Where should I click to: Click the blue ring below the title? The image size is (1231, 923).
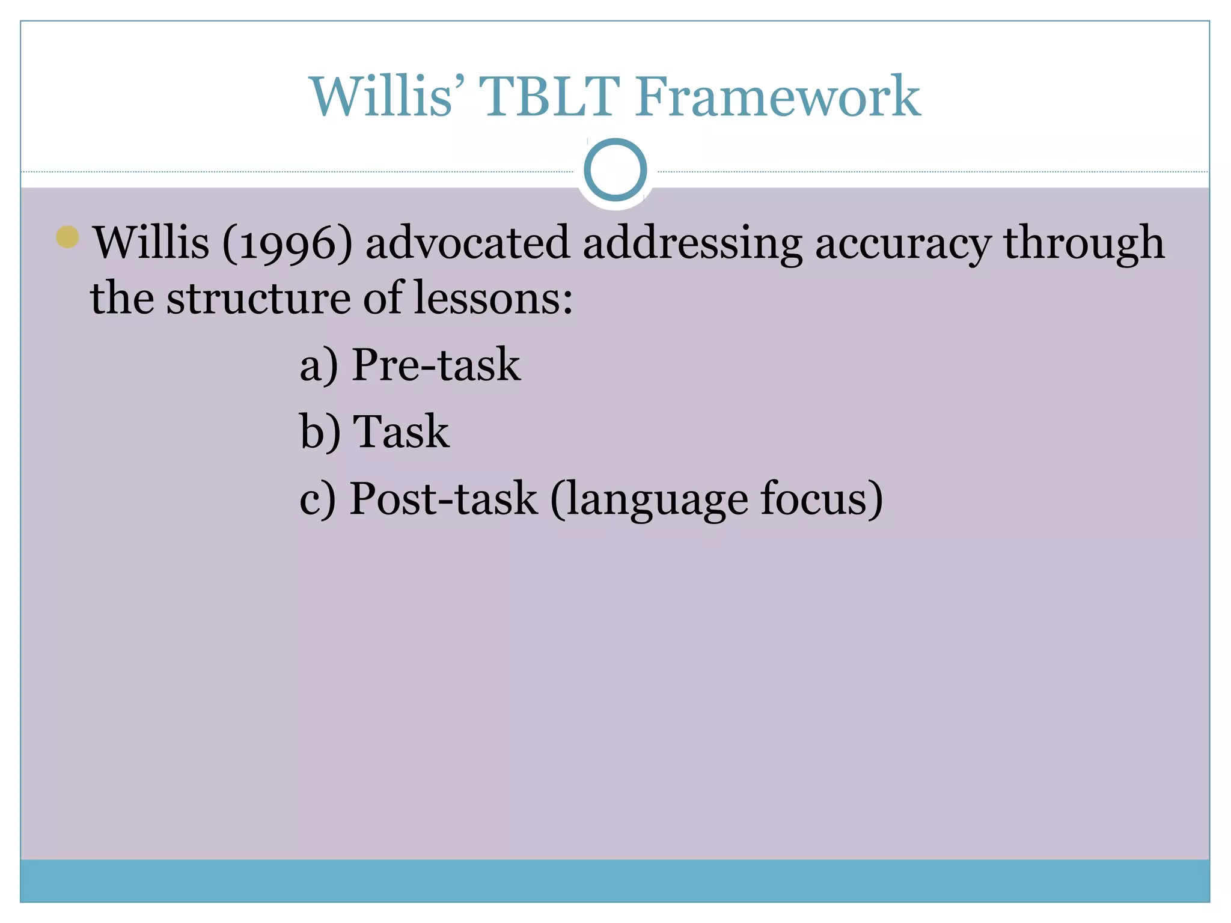click(x=615, y=170)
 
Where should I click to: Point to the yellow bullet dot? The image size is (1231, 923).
click(x=67, y=237)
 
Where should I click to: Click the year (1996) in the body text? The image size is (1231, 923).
click(x=287, y=243)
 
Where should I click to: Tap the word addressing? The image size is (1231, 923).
click(x=692, y=243)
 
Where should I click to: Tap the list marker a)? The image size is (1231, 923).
click(x=319, y=365)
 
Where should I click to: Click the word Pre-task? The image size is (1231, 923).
click(x=436, y=364)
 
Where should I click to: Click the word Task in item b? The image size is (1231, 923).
click(x=401, y=431)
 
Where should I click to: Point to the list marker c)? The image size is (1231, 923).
click(x=317, y=499)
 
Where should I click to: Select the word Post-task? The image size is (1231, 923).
click(x=443, y=499)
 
